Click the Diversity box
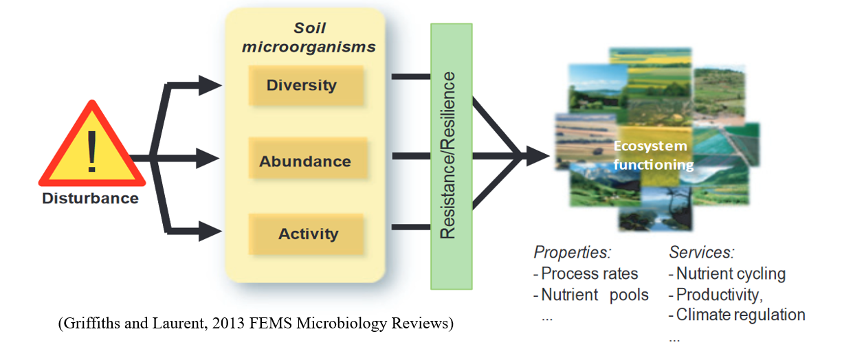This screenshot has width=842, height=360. (x=306, y=85)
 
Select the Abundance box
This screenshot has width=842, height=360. (x=307, y=158)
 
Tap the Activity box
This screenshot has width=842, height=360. (x=306, y=234)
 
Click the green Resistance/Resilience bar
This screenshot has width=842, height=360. (x=452, y=157)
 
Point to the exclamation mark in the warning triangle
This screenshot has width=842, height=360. (x=91, y=151)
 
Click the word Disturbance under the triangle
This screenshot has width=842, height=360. (x=90, y=198)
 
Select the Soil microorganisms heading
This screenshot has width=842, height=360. (x=309, y=38)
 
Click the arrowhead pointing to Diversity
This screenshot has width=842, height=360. (x=210, y=85)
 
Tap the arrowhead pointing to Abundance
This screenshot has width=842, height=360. (x=208, y=158)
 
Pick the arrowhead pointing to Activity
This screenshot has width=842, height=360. (x=210, y=231)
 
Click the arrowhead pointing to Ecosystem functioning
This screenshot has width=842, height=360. (x=538, y=156)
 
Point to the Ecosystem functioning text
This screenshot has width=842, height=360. (x=653, y=155)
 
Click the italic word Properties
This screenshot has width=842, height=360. (x=573, y=252)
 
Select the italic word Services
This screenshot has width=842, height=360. (x=701, y=252)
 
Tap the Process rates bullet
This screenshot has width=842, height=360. (x=586, y=273)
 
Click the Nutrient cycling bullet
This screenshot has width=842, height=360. (x=727, y=274)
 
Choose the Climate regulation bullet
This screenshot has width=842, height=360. (x=737, y=315)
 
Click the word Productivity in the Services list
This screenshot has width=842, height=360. (x=719, y=295)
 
